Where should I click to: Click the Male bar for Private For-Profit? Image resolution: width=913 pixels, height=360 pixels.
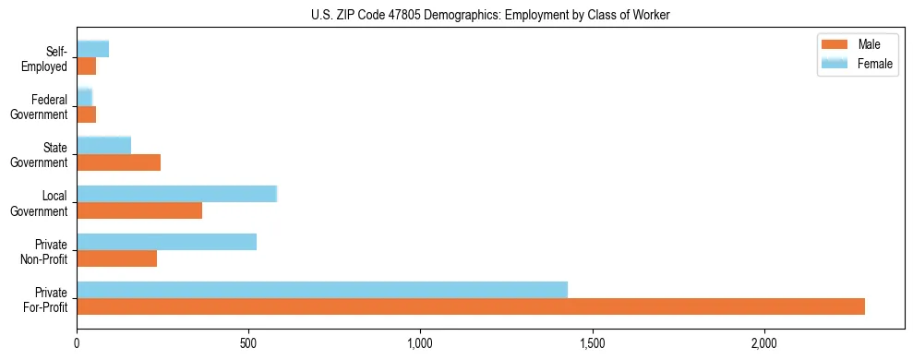pos(471,306)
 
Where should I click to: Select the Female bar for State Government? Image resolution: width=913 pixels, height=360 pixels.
pos(104,145)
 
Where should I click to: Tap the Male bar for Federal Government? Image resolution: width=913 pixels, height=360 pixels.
pos(87,114)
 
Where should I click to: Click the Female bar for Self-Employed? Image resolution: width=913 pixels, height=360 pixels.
pos(93,49)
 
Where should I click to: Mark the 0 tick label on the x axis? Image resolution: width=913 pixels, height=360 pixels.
pos(78,342)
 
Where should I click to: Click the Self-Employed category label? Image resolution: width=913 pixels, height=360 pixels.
pos(49,59)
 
